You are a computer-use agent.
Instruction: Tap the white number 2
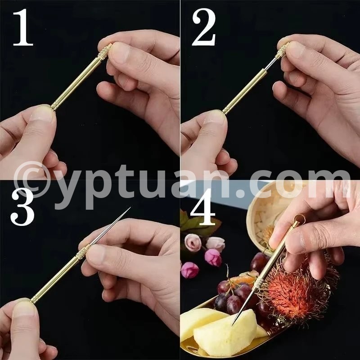coord(204,27)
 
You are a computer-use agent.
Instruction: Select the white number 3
coord(22,207)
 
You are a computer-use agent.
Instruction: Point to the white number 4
coord(203,207)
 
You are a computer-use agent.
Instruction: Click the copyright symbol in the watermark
coord(31,180)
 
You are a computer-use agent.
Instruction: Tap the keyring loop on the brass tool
coord(300,218)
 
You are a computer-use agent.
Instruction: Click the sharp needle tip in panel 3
coord(130,207)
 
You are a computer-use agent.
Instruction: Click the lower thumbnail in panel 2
coord(215,118)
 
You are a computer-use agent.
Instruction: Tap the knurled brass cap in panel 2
coord(283,51)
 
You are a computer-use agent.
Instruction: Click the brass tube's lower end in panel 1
coord(54,107)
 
